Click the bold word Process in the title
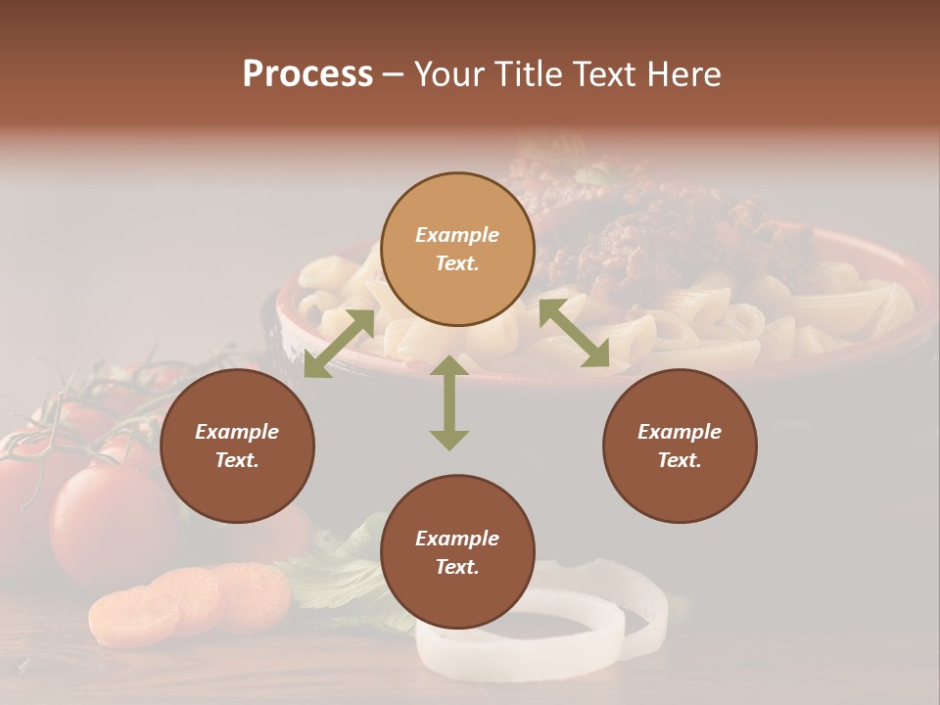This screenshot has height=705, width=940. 307,74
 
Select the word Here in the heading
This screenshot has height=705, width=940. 684,74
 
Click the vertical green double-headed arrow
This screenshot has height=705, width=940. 449,402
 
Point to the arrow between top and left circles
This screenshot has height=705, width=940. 339,343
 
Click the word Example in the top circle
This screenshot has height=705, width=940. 457,235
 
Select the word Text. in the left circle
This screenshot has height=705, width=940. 237,460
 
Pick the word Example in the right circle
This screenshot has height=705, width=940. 680,432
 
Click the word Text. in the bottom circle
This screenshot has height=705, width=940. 457,567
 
